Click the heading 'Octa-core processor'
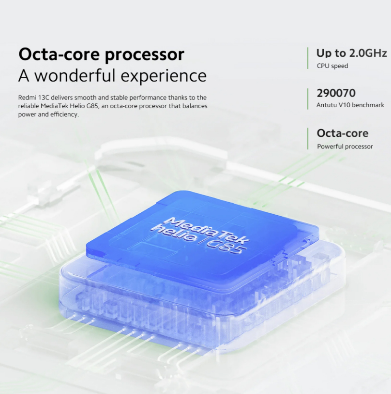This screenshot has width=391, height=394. [x=101, y=54]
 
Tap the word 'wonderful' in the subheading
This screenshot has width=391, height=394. [x=75, y=75]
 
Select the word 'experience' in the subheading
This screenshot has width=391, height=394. [x=164, y=76]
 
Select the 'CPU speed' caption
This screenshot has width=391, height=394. [x=332, y=66]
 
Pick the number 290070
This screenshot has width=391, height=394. [x=336, y=93]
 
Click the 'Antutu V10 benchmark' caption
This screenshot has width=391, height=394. [x=350, y=105]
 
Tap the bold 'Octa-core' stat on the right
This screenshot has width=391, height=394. [x=342, y=133]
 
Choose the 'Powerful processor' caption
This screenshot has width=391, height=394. [x=345, y=147]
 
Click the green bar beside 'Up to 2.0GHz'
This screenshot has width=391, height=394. [x=307, y=58]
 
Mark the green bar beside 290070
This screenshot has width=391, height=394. [x=307, y=99]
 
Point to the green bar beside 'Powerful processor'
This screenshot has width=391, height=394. [x=307, y=139]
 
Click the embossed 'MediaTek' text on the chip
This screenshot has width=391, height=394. [x=207, y=230]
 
